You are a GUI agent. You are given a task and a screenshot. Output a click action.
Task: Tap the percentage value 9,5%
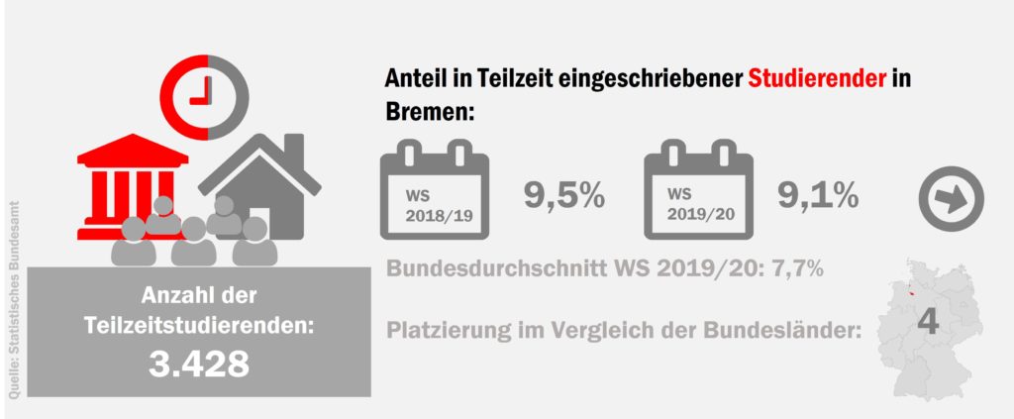point(563,196)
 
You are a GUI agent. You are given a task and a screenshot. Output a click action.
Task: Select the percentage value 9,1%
point(817,196)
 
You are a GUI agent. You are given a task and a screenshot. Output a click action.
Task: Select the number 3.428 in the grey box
point(198,364)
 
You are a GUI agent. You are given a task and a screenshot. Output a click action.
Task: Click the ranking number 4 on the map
point(928,322)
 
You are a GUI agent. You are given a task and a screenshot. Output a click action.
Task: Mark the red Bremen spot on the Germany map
point(899,294)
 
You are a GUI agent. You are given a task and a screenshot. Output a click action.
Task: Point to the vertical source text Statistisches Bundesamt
point(15,297)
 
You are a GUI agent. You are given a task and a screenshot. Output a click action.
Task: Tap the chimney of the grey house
point(293,149)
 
